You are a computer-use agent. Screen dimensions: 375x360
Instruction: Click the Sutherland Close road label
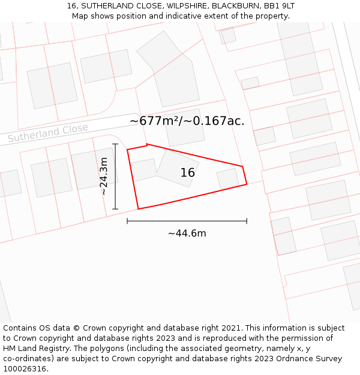coord(48,133)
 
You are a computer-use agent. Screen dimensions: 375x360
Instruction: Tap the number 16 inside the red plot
coord(188,173)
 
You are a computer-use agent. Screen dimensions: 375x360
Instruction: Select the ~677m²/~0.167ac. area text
coord(187,121)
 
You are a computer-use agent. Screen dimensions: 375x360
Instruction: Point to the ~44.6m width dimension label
coord(187,233)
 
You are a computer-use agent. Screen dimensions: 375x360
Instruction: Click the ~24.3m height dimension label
coord(104,176)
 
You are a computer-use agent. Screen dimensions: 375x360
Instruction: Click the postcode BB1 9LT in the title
coord(279,6)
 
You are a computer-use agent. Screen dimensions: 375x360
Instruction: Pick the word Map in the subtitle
coord(80,16)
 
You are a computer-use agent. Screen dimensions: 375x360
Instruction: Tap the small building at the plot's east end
coord(228,178)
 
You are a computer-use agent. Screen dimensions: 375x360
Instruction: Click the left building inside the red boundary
coord(143,170)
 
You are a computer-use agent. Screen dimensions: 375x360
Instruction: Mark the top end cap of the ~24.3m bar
coord(115,144)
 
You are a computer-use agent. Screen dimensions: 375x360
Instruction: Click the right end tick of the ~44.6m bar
coord(247,221)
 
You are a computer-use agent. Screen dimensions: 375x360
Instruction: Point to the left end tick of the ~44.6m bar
coord(127,221)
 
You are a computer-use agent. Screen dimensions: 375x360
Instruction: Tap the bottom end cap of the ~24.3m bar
coord(115,209)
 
